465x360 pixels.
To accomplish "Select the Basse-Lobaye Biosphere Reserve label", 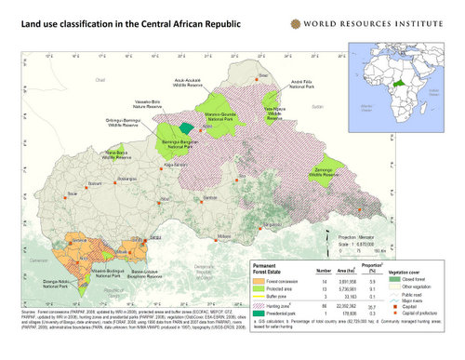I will [x=143, y=277].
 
